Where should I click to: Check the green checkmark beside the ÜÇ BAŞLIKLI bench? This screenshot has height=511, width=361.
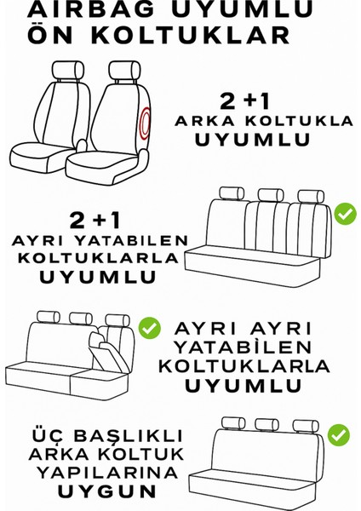(x=338, y=435)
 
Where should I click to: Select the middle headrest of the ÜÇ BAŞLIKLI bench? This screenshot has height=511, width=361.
(x=262, y=424)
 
